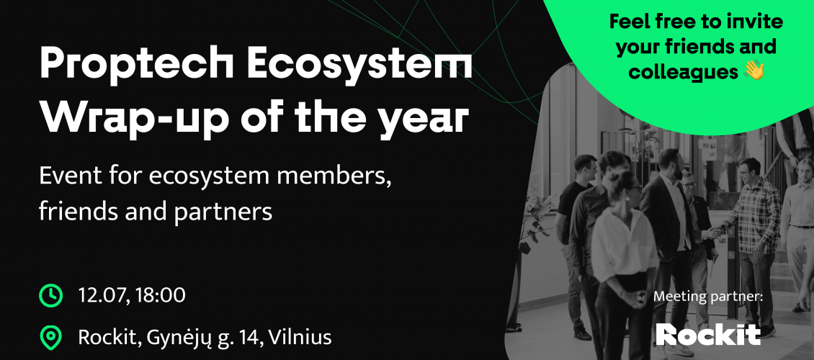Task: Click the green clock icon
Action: (x=50, y=294)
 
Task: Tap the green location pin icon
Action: (x=50, y=336)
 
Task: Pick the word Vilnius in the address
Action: (x=299, y=336)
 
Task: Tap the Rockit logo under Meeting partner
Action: (x=707, y=333)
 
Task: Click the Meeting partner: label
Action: (x=707, y=296)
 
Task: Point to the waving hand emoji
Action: (x=753, y=71)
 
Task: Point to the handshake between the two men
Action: (x=714, y=232)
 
